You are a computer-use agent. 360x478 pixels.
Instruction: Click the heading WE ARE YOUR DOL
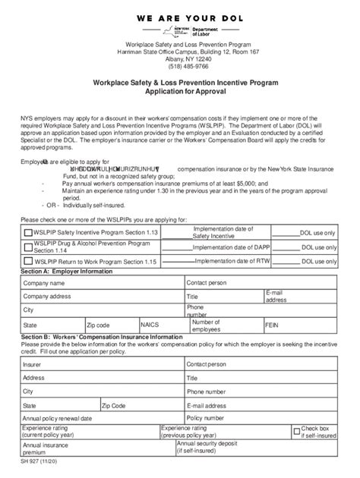coord(180,14)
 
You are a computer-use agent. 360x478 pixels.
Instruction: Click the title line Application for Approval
coord(180,89)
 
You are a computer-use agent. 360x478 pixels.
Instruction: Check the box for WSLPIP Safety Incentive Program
coord(28,234)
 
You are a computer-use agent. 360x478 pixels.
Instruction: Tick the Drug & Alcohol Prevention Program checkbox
coord(28,247)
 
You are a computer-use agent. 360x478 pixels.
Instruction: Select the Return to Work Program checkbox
coord(28,261)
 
